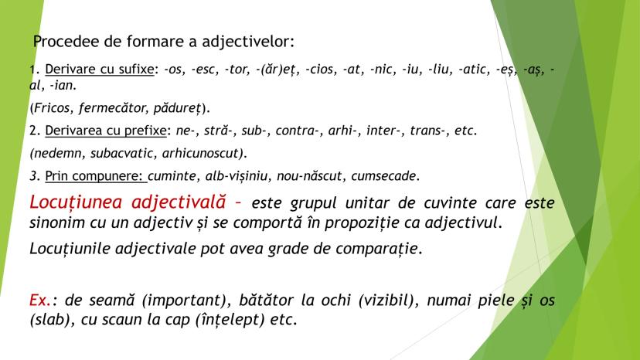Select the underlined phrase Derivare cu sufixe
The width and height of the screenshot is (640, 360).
coord(99,69)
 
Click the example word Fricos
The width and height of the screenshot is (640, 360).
coord(53,107)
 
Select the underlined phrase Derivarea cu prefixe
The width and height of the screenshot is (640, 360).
coord(106,131)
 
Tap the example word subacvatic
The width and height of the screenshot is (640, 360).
coord(122,153)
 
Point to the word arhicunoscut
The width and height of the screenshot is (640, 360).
coord(201,153)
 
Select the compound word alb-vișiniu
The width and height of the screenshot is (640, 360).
coord(237,176)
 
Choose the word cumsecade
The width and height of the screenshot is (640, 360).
coord(383,176)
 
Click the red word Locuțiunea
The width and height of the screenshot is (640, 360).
coord(76,202)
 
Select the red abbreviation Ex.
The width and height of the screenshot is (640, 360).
coord(40,300)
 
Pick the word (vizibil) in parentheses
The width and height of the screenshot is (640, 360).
coord(389,301)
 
